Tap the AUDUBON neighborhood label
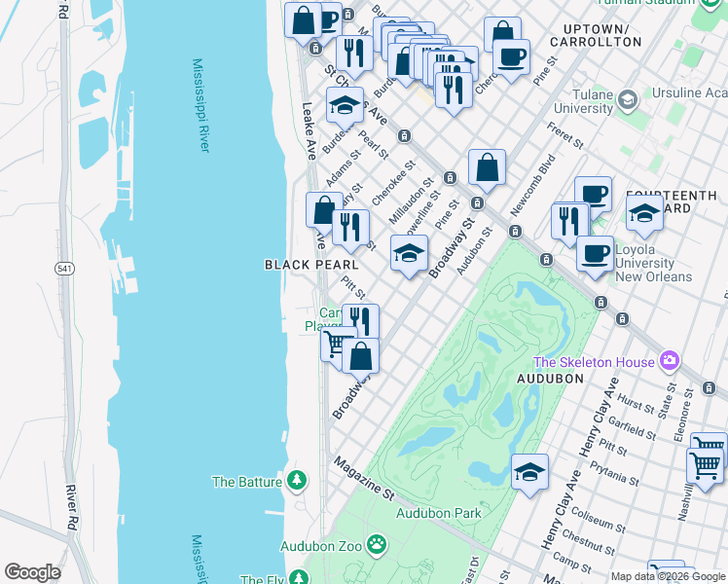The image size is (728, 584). click(550, 378)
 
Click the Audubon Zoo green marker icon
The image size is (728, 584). click(376, 546)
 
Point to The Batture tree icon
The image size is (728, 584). click(297, 481)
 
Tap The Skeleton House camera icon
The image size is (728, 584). click(669, 362)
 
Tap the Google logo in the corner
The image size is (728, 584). click(33, 572)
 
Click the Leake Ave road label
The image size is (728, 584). click(309, 131)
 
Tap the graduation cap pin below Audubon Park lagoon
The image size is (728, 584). click(529, 473)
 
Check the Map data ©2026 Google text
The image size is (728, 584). click(668, 576)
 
